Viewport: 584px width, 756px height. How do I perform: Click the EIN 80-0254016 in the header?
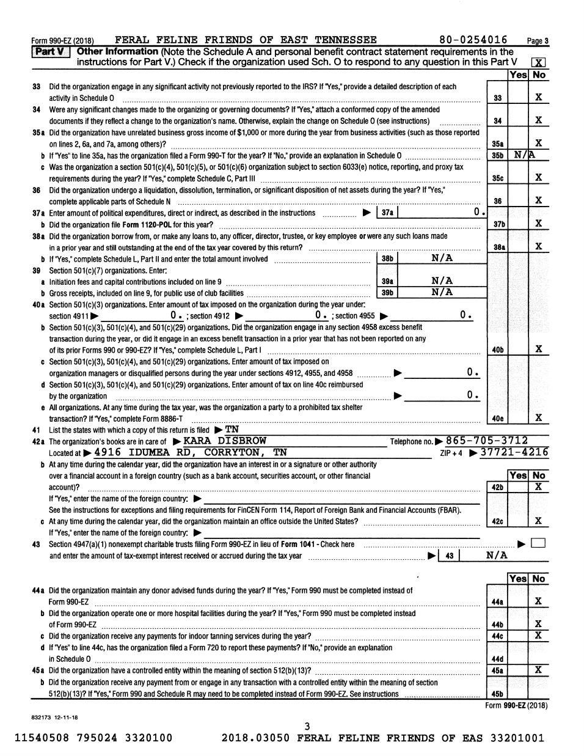click(473, 40)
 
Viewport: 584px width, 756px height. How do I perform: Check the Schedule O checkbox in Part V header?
click(538, 62)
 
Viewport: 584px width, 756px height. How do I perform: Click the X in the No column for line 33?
click(538, 97)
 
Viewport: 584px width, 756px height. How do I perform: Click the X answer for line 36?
click(538, 200)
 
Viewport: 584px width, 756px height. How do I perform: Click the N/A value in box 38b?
click(442, 258)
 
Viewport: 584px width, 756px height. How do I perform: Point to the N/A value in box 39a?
click(442, 281)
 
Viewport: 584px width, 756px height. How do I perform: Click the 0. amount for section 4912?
click(321, 315)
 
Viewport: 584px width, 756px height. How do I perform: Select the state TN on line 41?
click(232, 429)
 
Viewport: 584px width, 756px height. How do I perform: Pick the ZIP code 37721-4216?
click(514, 452)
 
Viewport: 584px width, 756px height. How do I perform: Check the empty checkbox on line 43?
click(538, 543)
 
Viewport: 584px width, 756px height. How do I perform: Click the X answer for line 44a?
click(538, 601)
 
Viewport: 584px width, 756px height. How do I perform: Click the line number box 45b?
click(497, 694)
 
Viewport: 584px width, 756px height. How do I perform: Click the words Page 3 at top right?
click(538, 41)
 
